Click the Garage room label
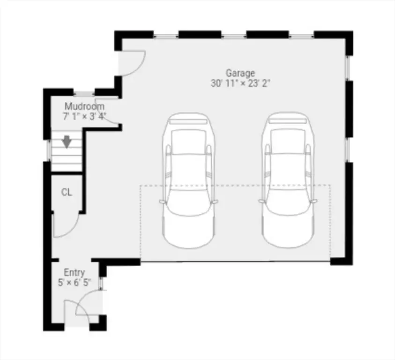[240, 73]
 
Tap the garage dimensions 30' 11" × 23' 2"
[240, 83]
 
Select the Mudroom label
[84, 106]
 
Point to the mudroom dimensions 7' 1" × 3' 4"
[84, 116]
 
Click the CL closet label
[67, 192]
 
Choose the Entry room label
[74, 272]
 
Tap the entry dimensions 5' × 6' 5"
[75, 283]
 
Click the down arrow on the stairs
[67, 142]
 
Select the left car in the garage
[188, 180]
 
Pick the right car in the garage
[288, 180]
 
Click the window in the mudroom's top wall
[84, 94]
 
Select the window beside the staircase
[49, 150]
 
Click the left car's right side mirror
[214, 202]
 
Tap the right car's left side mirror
[261, 201]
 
